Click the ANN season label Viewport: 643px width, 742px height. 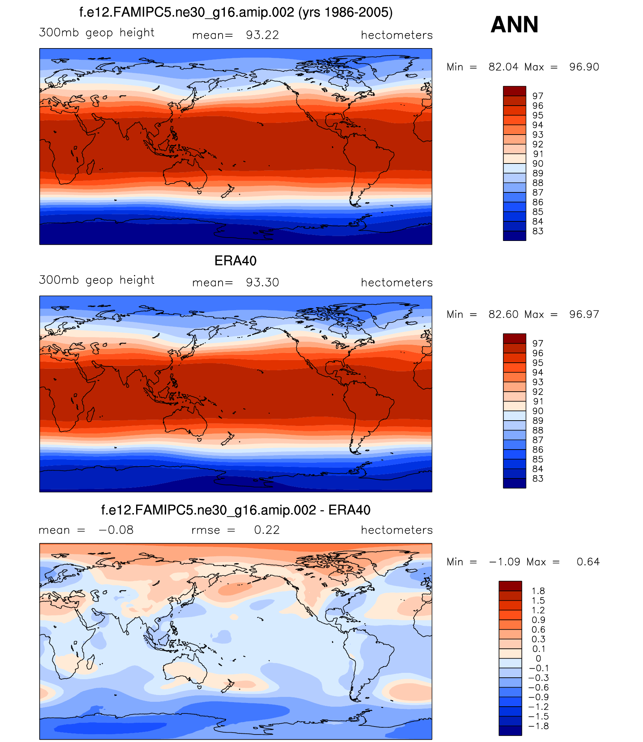pos(514,25)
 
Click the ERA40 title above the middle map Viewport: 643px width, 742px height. pos(235,261)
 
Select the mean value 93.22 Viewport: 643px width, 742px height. pos(262,35)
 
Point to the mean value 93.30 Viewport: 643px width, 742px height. pos(262,282)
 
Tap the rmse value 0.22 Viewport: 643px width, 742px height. pos(267,530)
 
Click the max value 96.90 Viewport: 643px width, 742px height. pos(584,67)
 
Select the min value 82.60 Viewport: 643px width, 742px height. pos(503,314)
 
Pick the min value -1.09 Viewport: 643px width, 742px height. pos(504,562)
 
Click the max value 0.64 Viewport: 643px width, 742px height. pos(588,562)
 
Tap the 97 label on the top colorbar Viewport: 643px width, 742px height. pos(538,96)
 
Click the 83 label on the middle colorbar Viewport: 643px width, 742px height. pos(538,479)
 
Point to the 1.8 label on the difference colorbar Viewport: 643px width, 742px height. pos(538,591)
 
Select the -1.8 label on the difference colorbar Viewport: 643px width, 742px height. pos(538,726)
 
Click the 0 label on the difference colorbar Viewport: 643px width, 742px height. pos(538,659)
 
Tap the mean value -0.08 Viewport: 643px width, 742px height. pos(116,530)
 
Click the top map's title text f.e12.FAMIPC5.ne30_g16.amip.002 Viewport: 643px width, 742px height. pos(187,12)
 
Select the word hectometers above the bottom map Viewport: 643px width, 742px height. pos(397,530)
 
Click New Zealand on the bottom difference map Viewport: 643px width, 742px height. pos(228,686)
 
